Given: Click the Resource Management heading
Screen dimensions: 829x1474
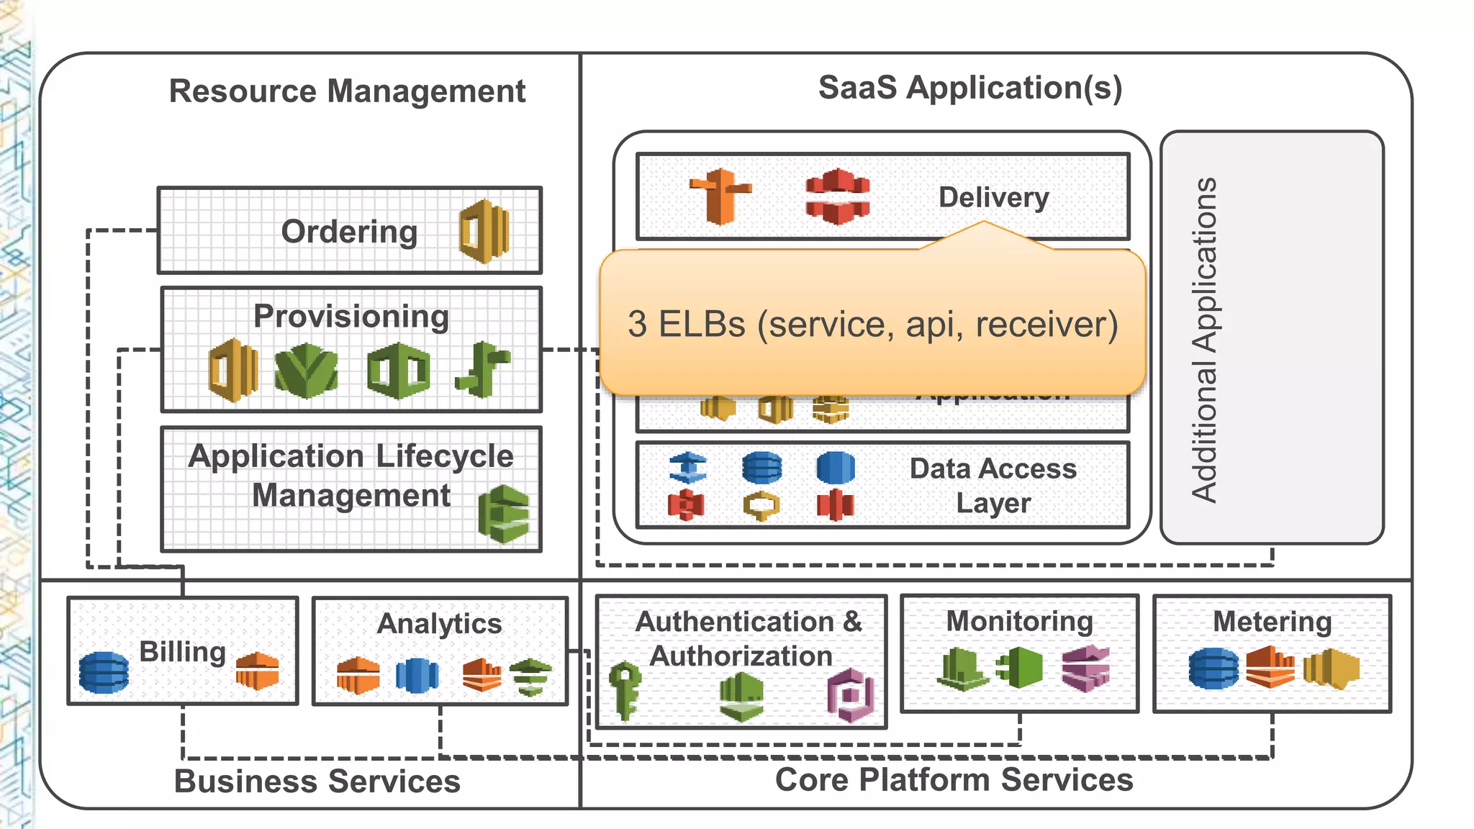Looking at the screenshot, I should (x=347, y=91).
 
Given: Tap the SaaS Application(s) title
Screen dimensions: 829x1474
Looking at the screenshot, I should (x=969, y=88).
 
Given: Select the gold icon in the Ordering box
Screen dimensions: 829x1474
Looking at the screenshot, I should (x=484, y=232).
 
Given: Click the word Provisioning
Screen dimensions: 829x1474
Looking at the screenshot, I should (x=351, y=317).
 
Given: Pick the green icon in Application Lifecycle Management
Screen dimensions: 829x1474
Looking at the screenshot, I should (x=504, y=514).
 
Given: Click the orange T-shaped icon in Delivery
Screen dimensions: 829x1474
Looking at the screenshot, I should (x=720, y=196).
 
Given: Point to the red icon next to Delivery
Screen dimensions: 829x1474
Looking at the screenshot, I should (x=837, y=196).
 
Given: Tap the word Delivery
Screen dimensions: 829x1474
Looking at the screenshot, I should (x=993, y=197).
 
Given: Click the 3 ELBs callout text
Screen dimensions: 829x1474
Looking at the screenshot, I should (x=872, y=325).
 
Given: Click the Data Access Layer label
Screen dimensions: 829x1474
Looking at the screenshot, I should (x=993, y=486).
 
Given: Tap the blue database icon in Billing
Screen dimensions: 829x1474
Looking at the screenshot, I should (x=104, y=671).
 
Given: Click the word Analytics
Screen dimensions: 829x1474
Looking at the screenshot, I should (x=439, y=624).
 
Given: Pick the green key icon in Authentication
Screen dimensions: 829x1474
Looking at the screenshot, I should (x=625, y=689).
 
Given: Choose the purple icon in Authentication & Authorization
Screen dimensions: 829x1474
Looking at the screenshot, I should (x=851, y=695).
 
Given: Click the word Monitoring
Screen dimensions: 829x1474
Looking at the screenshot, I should (x=1019, y=621).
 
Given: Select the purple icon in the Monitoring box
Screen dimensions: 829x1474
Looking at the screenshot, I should (x=1085, y=668).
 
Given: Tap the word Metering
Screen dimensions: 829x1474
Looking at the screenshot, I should (x=1272, y=622).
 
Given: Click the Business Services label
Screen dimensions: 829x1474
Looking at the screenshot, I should (x=317, y=782).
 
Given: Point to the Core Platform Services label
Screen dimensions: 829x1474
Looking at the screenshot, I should (x=954, y=780).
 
